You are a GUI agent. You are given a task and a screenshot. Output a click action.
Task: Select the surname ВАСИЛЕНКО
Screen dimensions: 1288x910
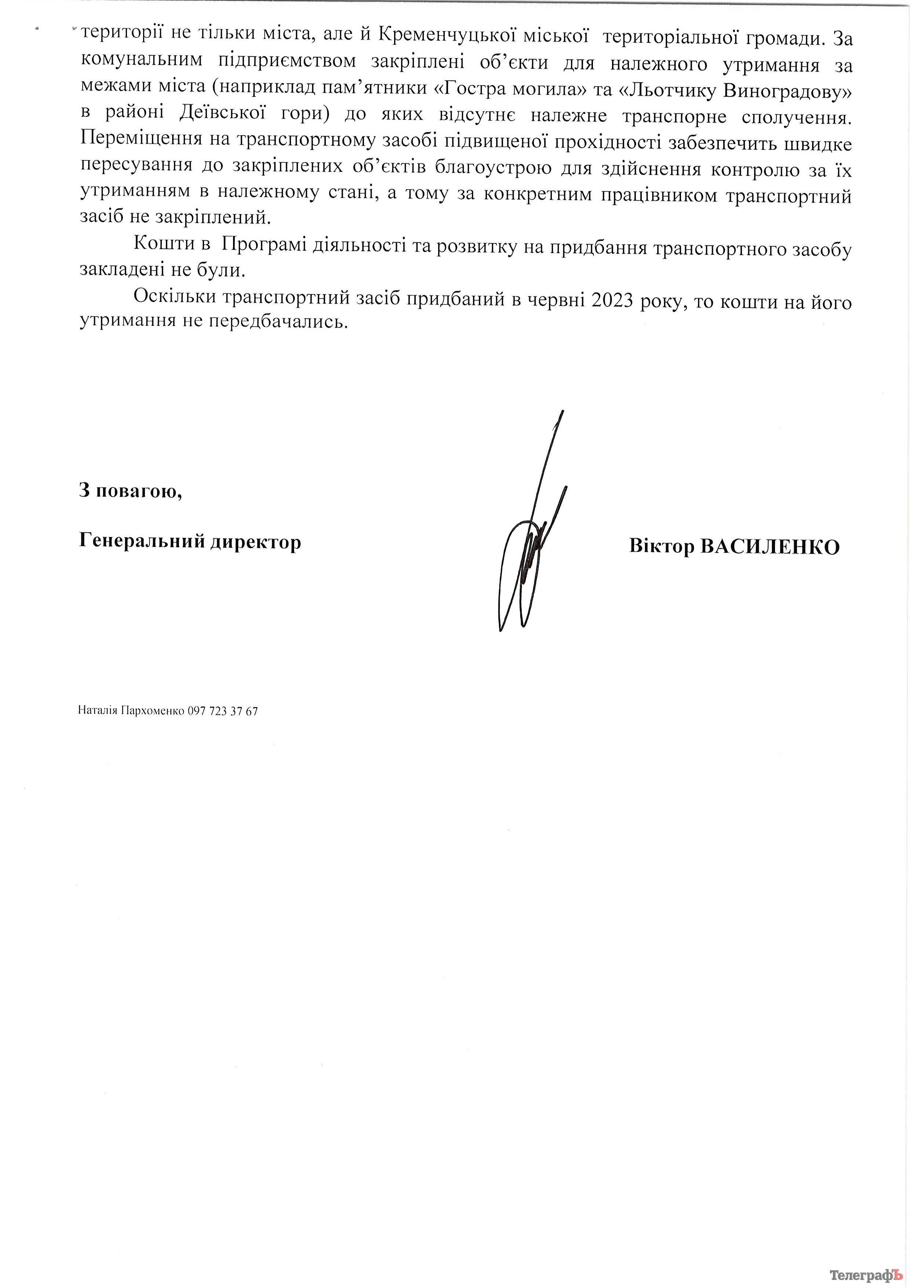(771, 546)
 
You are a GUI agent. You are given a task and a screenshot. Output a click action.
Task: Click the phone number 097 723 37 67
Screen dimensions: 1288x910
(223, 711)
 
